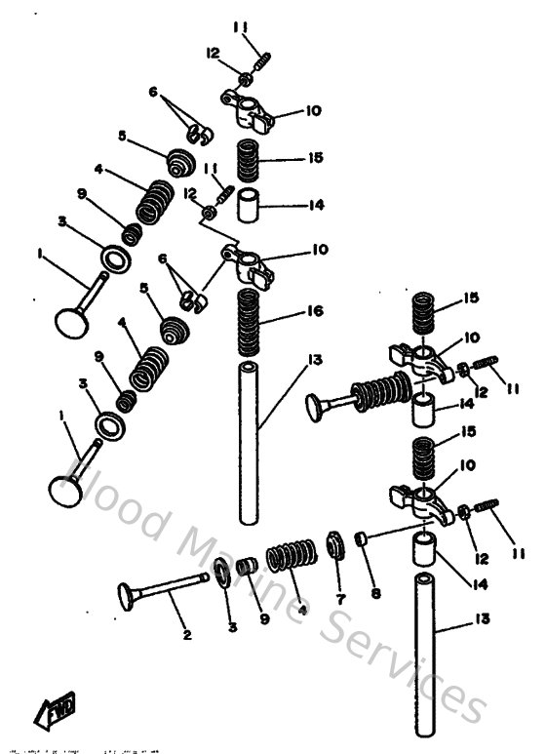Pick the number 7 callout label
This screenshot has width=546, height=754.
coord(339,598)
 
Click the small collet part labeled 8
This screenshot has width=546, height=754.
coord(360,538)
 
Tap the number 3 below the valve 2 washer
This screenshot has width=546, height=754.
coord(232,627)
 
